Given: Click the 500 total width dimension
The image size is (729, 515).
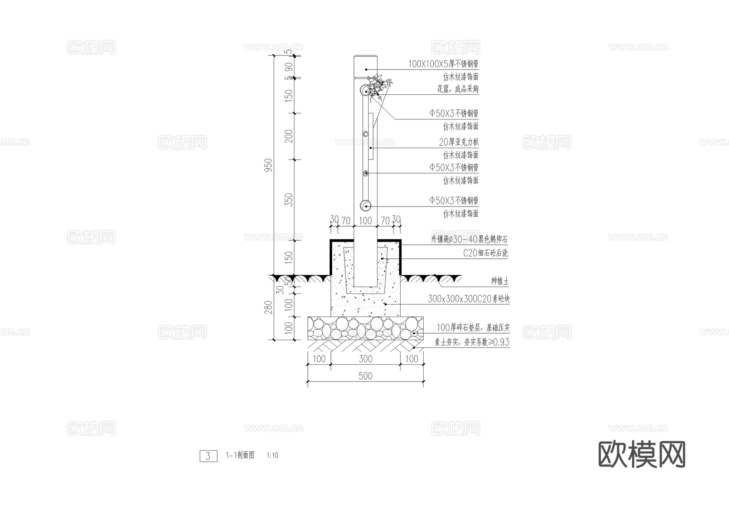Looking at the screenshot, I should pyautogui.click(x=365, y=376).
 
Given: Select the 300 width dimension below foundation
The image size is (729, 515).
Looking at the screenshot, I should pyautogui.click(x=365, y=359).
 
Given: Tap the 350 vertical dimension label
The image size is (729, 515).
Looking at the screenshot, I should pyautogui.click(x=289, y=200).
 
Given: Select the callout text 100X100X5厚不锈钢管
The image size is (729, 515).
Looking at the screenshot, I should pyautogui.click(x=443, y=64).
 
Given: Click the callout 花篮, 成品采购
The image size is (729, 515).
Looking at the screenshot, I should pyautogui.click(x=458, y=89).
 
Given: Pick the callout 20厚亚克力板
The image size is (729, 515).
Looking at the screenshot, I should pyautogui.click(x=458, y=142).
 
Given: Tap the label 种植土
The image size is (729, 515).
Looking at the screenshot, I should pyautogui.click(x=499, y=281).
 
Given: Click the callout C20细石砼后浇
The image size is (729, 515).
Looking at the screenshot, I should pyautogui.click(x=485, y=253).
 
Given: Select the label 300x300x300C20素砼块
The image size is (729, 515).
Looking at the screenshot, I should pyautogui.click(x=469, y=299).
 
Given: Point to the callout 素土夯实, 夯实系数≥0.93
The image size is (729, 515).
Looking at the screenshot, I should pyautogui.click(x=472, y=342).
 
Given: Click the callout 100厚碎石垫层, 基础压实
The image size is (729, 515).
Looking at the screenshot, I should pyautogui.click(x=473, y=328).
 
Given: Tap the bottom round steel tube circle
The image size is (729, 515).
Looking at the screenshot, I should pyautogui.click(x=366, y=205).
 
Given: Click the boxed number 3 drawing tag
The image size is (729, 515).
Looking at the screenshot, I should pyautogui.click(x=208, y=456).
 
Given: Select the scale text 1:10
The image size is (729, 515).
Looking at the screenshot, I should pyautogui.click(x=273, y=455).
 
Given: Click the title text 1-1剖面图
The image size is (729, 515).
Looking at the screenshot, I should pyautogui.click(x=240, y=455).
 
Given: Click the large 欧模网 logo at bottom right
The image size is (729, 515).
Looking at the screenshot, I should pyautogui.click(x=642, y=454).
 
